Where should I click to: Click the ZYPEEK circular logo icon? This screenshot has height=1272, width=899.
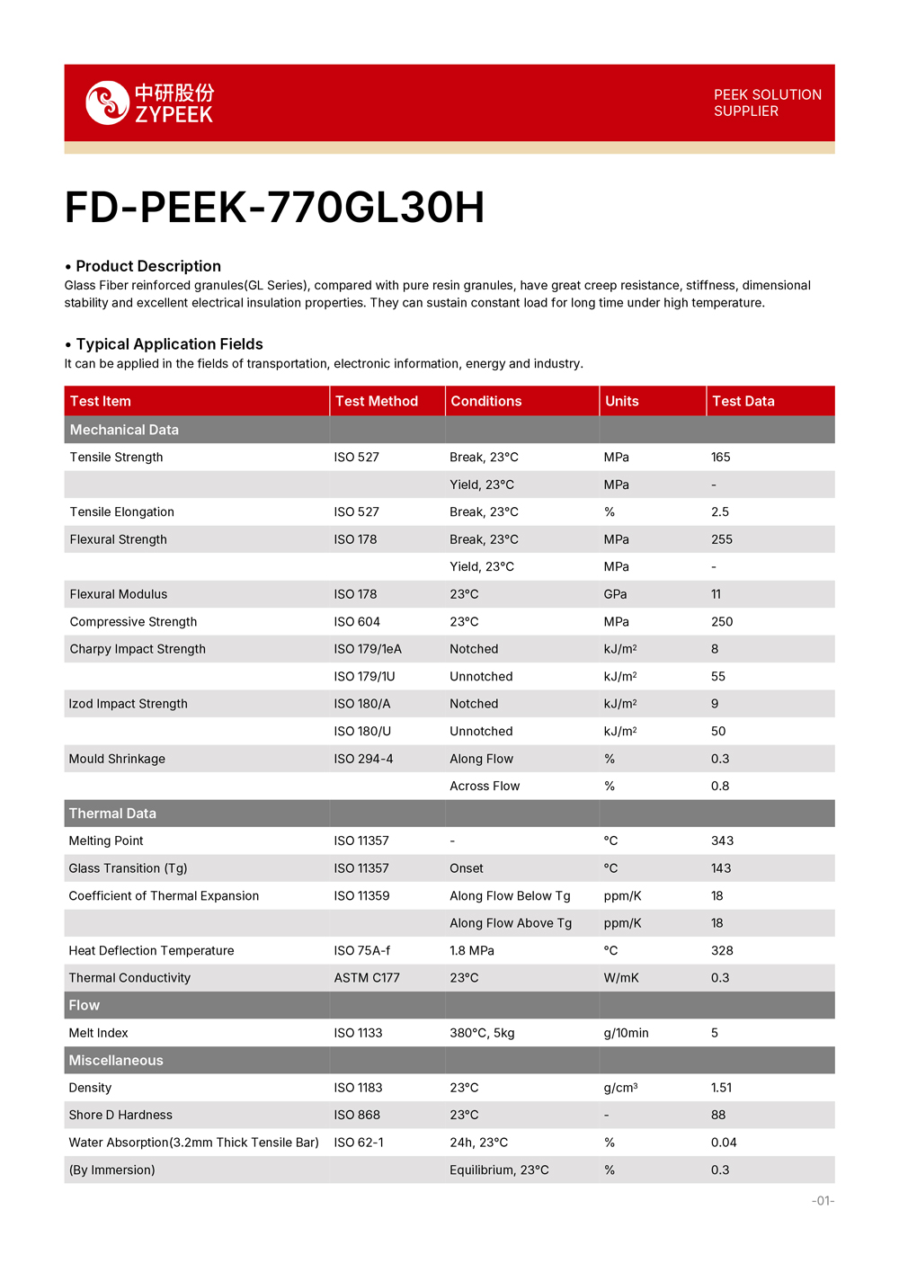107,102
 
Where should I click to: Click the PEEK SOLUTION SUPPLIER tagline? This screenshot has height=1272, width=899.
767,102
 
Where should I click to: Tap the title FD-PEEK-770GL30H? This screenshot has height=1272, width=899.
274,208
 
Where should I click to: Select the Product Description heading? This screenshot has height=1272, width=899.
148,266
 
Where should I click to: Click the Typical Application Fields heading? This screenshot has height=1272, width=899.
169,344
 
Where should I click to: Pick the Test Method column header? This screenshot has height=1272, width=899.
377,401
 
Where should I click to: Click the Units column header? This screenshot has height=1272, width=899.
622,401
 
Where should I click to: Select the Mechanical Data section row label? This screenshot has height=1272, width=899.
124,430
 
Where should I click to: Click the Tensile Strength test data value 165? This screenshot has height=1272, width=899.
721,458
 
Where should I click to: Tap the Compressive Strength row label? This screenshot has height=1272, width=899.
133,622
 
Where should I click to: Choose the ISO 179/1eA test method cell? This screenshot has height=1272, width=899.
368,649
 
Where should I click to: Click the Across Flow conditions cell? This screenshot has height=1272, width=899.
485,787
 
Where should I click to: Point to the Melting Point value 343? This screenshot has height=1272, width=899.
722,841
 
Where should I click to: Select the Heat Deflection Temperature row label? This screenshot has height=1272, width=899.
151,951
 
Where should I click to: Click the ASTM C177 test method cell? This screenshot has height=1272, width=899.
367,978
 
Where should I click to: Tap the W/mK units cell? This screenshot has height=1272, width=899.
621,978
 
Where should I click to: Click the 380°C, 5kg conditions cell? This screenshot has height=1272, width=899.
482,1033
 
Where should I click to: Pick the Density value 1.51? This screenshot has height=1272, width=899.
721,1088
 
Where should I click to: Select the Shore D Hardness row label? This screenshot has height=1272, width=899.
120,1116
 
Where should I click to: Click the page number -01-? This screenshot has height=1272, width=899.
823,1201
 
